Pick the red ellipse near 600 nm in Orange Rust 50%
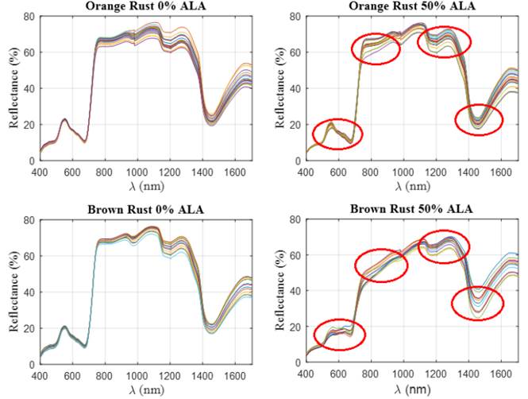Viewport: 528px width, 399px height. pos(337,134)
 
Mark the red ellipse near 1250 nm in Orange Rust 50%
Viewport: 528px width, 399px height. pos(443,41)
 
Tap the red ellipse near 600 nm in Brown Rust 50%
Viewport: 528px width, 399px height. pos(339,335)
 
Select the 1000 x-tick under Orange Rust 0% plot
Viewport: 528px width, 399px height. pos(137,170)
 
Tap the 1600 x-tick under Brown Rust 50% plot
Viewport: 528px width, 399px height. pos(499,373)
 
